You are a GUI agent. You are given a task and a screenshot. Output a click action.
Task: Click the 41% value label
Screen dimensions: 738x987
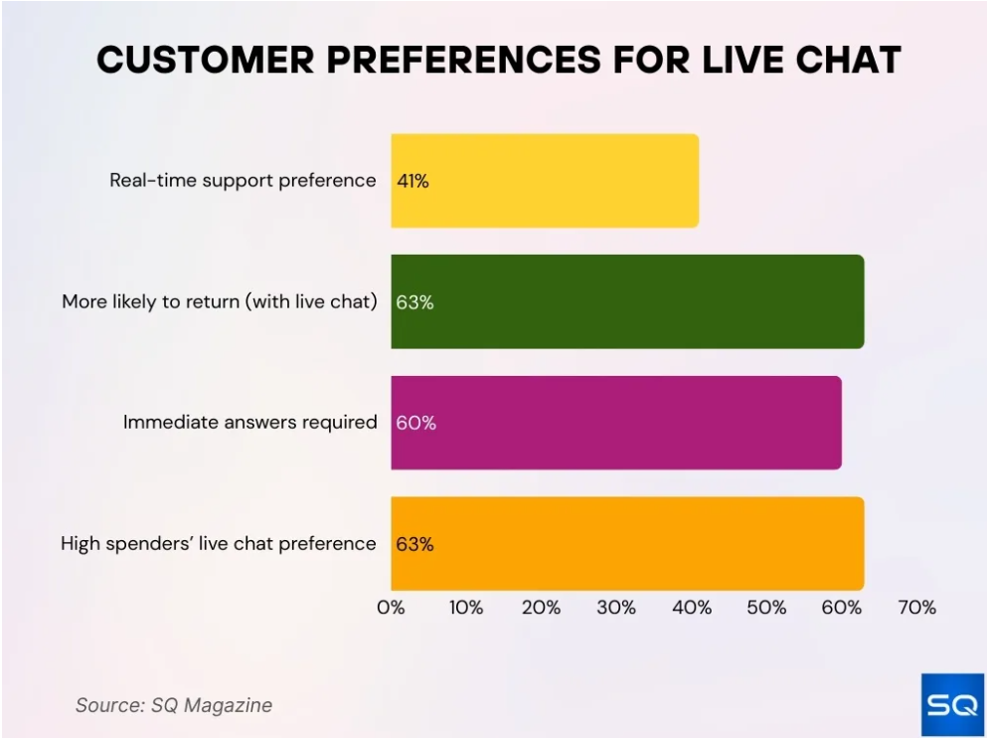pyautogui.click(x=412, y=181)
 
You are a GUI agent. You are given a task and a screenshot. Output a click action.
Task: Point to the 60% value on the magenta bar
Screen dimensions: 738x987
pyautogui.click(x=415, y=423)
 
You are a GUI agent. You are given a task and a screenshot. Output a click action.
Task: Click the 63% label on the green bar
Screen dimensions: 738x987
pyautogui.click(x=414, y=302)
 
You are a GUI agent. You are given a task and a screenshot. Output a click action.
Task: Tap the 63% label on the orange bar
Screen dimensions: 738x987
pyautogui.click(x=414, y=544)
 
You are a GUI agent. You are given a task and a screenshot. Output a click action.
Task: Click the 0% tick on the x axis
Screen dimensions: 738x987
pyautogui.click(x=391, y=608)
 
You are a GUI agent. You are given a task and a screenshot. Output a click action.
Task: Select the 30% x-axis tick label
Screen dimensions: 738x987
pyautogui.click(x=616, y=608)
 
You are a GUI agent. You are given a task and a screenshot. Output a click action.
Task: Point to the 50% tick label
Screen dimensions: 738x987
pyautogui.click(x=766, y=608)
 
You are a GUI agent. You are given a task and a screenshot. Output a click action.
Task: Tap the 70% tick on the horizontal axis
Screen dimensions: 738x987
pyautogui.click(x=916, y=608)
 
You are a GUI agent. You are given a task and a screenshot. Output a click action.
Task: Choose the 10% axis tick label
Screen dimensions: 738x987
pyautogui.click(x=466, y=608)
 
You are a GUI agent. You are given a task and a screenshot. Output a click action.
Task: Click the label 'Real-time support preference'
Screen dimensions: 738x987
pyautogui.click(x=244, y=181)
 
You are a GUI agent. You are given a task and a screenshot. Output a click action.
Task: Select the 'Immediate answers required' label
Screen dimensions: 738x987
pyautogui.click(x=250, y=423)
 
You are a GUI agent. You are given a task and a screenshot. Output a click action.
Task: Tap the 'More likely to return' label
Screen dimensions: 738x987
pyautogui.click(x=220, y=302)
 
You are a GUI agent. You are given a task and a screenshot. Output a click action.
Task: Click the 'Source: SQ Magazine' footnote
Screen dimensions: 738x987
pyautogui.click(x=174, y=705)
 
